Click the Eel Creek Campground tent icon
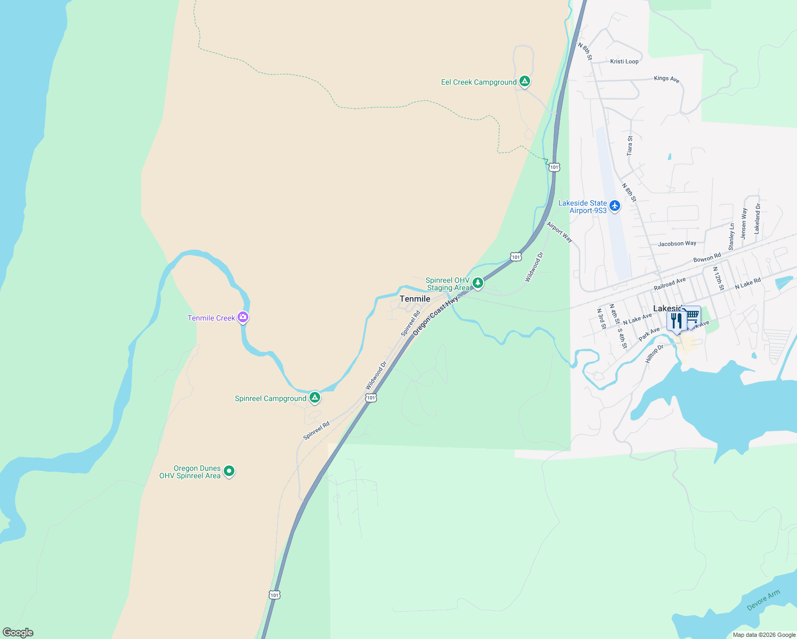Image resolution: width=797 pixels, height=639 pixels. (x=525, y=81)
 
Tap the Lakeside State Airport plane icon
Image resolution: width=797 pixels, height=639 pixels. (x=615, y=206)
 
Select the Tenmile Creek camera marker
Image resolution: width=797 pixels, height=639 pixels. (x=243, y=317)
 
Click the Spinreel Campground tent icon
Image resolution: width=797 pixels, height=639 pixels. (x=315, y=398)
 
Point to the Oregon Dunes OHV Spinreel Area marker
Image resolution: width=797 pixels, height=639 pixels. (x=229, y=471)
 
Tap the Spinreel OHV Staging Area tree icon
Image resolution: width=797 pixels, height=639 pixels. (x=478, y=283)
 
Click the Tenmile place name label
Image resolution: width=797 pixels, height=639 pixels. (x=415, y=299)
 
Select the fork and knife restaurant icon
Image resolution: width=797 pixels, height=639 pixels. (x=676, y=321)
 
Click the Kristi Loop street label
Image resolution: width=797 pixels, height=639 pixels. (x=624, y=61)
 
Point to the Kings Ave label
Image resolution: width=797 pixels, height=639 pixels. (x=666, y=79)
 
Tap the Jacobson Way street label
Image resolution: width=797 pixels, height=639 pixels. (x=677, y=243)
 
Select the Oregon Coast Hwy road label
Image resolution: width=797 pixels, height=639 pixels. (x=435, y=316)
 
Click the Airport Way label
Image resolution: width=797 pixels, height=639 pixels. (x=559, y=232)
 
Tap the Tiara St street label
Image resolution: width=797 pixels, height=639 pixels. (x=630, y=145)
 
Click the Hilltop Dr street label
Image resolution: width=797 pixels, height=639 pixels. (x=654, y=354)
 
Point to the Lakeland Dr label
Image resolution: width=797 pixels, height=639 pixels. (x=757, y=218)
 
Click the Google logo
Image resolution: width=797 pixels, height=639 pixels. (x=18, y=633)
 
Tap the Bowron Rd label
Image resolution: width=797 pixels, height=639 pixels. (x=707, y=258)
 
